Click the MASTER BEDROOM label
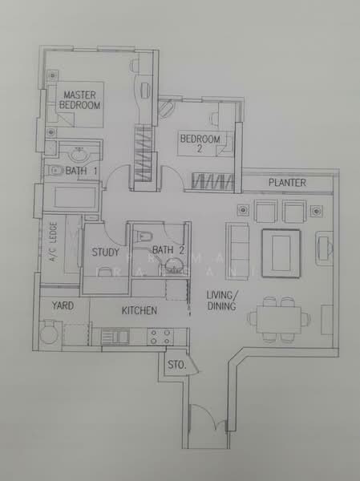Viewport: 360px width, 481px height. [80, 100]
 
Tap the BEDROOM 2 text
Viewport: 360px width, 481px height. [200, 143]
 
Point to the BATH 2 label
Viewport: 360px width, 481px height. [168, 250]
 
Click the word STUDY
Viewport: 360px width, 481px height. [105, 253]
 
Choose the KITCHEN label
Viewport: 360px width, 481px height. [139, 310]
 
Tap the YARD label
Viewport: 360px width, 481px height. [63, 305]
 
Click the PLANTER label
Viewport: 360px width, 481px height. [287, 183]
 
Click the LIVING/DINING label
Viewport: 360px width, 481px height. [220, 300]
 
